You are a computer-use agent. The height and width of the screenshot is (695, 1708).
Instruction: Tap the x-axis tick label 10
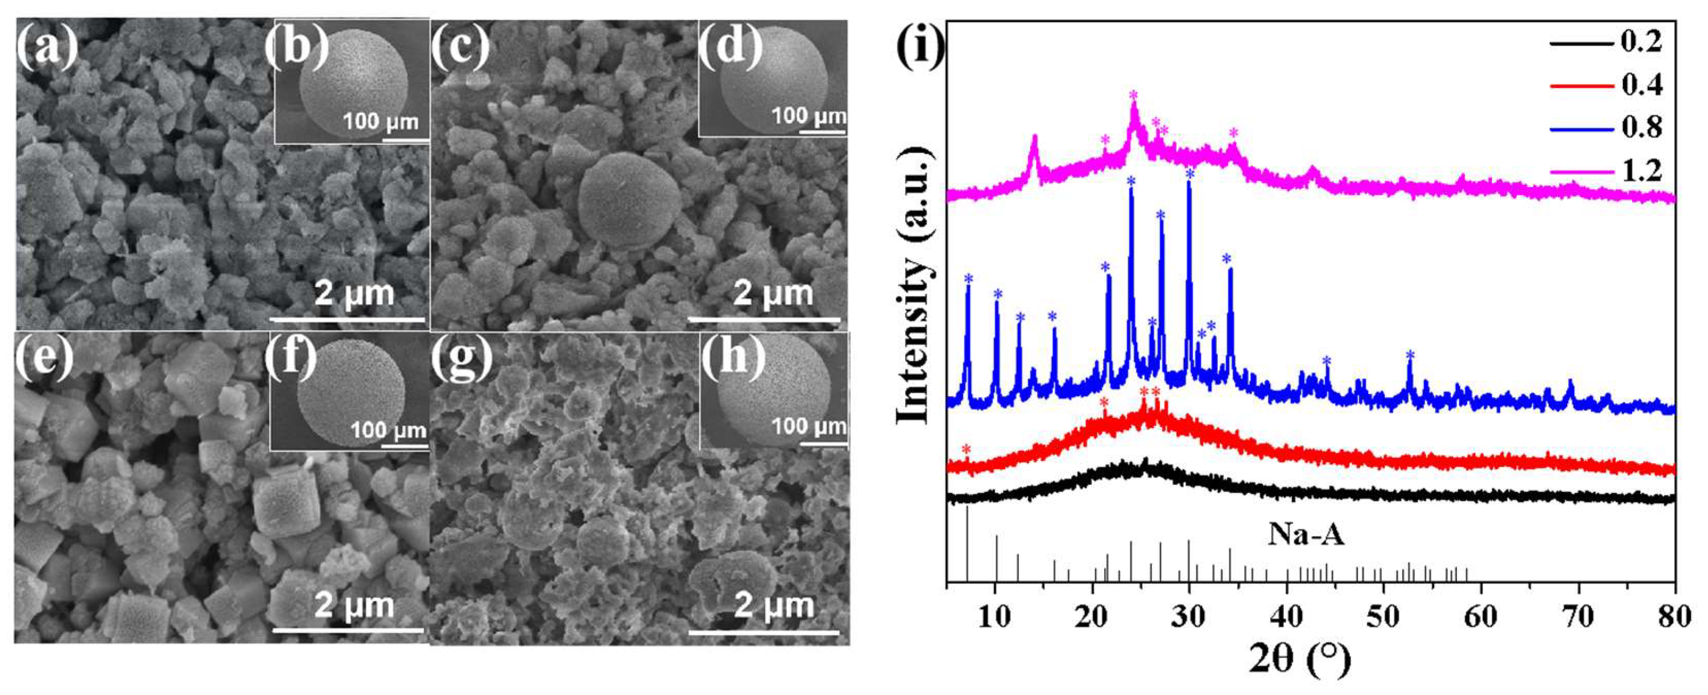pos(995,617)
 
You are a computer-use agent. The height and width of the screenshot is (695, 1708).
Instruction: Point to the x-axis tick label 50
pos(1384,617)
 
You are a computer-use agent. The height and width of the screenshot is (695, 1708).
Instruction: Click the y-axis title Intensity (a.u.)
pos(914,285)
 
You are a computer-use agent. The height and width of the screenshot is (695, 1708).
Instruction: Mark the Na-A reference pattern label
pos(1305,534)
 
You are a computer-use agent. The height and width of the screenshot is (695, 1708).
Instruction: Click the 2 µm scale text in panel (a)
pos(354,293)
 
